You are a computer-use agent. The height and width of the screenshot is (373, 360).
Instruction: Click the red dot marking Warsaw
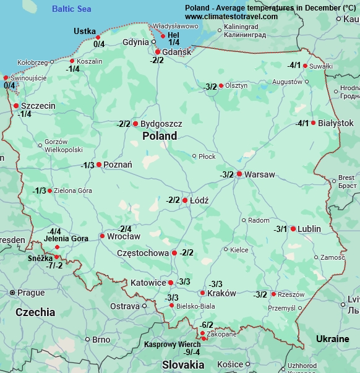(239, 174)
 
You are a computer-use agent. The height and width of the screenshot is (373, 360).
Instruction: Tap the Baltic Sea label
(71, 9)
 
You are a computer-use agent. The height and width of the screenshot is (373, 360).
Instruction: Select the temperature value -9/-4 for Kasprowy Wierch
(192, 352)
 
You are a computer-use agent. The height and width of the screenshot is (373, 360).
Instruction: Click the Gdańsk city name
(176, 52)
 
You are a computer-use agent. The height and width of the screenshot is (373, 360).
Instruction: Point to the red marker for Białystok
(313, 122)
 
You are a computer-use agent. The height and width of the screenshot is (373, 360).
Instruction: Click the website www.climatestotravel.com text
(231, 17)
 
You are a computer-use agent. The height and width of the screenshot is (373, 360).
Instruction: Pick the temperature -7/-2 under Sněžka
(54, 265)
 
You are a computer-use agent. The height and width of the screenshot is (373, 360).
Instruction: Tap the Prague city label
(31, 293)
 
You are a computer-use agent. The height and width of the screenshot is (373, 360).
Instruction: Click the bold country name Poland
(159, 136)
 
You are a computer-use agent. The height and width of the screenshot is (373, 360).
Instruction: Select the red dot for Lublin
(293, 228)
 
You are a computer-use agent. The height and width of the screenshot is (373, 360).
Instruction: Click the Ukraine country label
(332, 339)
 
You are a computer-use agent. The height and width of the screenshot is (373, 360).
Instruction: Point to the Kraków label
(222, 293)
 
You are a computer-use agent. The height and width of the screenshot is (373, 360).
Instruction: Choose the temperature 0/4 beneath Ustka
(99, 44)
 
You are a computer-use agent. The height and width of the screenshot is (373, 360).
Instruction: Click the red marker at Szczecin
(16, 106)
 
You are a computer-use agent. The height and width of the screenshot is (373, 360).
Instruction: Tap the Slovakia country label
(182, 365)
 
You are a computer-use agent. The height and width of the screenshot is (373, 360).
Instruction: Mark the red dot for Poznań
(99, 165)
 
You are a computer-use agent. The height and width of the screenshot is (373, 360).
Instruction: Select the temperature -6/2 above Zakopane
(206, 325)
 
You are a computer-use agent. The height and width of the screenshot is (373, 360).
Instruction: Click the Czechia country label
(35, 312)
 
